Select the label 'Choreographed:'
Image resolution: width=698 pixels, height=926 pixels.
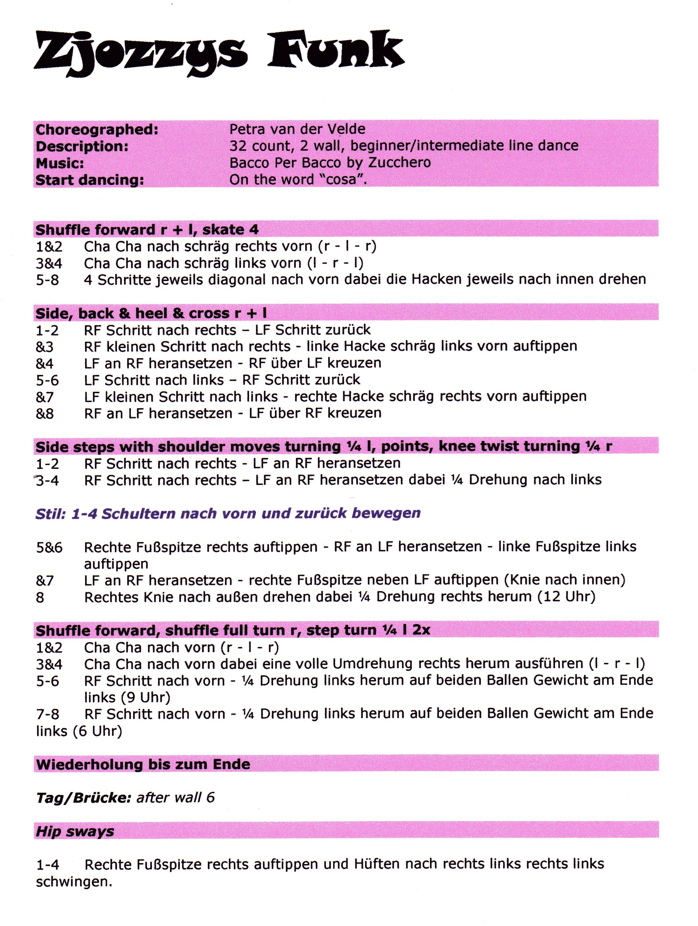pyautogui.click(x=97, y=130)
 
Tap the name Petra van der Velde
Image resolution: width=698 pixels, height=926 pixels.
pyautogui.click(x=297, y=129)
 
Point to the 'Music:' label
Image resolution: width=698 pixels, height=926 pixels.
pyautogui.click(x=60, y=163)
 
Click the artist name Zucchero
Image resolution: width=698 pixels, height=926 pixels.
pyautogui.click(x=400, y=163)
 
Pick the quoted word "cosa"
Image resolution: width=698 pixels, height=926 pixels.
pyautogui.click(x=340, y=180)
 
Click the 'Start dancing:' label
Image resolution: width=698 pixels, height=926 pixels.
pyautogui.click(x=90, y=180)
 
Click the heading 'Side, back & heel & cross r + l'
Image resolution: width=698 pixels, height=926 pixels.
pyautogui.click(x=151, y=313)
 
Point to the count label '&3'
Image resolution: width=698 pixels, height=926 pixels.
pyautogui.click(x=45, y=347)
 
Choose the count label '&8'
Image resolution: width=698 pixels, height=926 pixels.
pyautogui.click(x=45, y=413)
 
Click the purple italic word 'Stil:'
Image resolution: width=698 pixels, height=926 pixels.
pyautogui.click(x=51, y=513)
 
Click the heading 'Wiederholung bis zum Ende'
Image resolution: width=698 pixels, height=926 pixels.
pyautogui.click(x=143, y=764)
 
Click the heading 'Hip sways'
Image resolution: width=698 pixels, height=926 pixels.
pyautogui.click(x=75, y=831)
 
